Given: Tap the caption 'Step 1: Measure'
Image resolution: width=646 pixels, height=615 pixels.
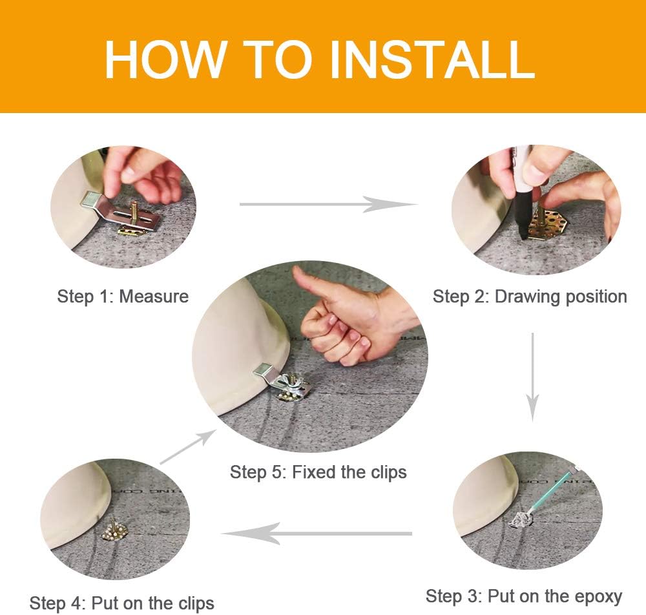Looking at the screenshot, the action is point(123,297).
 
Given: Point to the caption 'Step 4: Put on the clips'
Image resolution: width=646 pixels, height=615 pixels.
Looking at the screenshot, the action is point(122,603).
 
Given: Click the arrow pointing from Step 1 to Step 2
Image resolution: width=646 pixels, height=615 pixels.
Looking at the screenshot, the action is point(328,204).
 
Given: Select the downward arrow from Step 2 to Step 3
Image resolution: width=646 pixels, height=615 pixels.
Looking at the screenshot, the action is point(532,377).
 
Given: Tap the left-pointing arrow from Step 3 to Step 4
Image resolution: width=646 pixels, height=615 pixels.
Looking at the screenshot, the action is point(317,534).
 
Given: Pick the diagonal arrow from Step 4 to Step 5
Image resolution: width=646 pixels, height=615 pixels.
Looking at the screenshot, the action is point(188,446).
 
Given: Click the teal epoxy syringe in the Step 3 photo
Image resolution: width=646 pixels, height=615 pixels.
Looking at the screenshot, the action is point(555,490).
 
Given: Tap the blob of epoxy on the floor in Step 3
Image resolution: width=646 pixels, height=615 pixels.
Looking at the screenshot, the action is point(519,520).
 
